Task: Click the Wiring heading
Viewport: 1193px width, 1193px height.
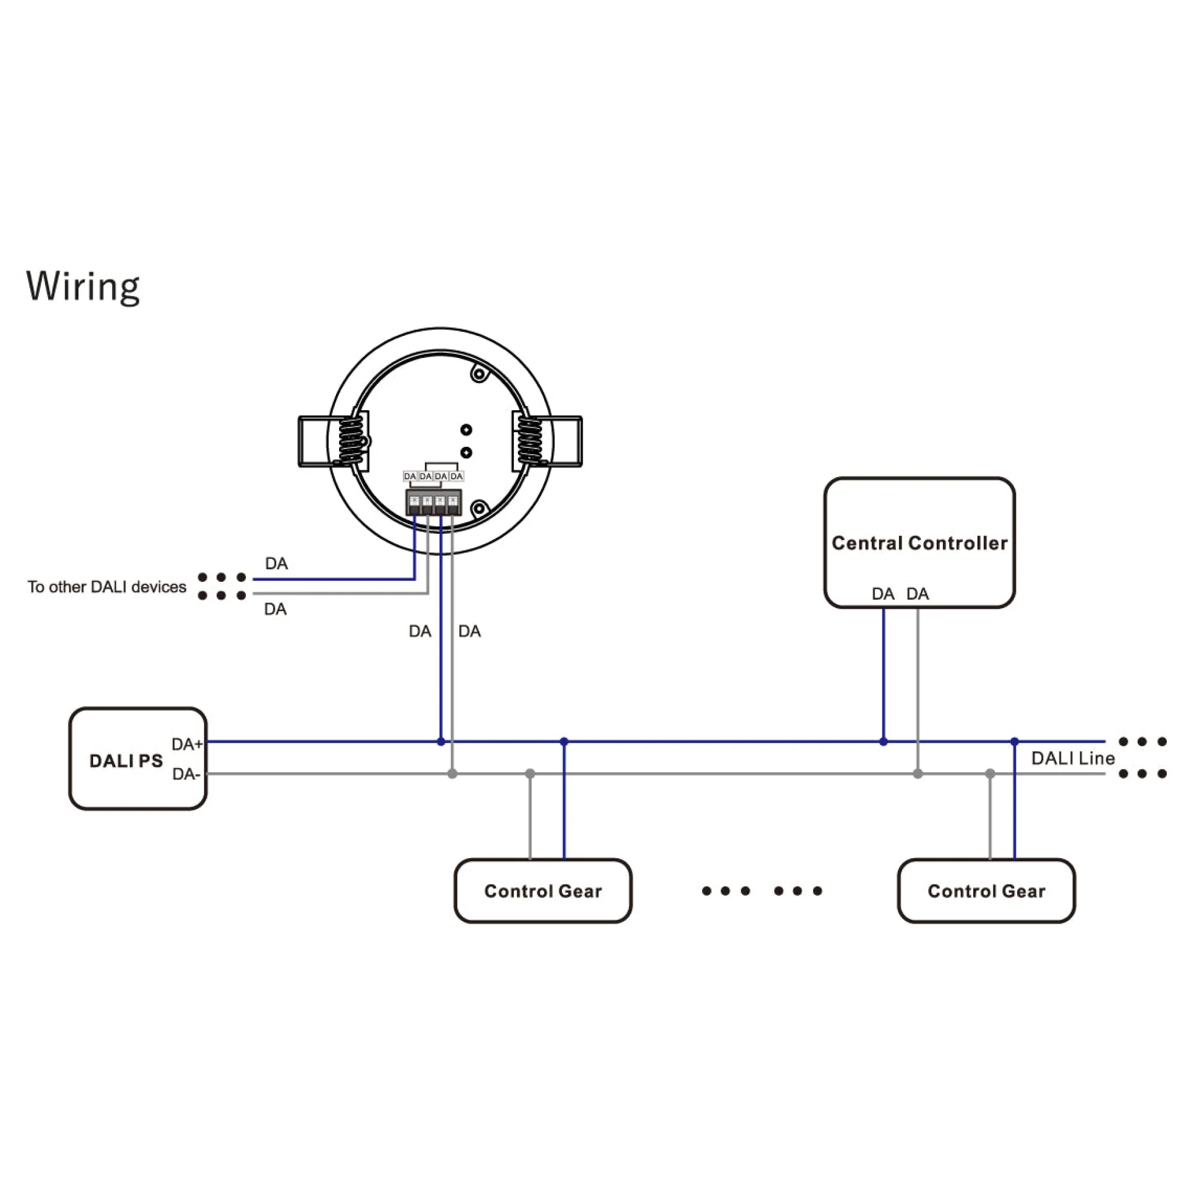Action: pyautogui.click(x=83, y=287)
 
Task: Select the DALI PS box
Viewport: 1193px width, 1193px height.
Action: pyautogui.click(x=138, y=758)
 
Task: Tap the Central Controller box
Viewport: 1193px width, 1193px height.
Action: pyautogui.click(x=920, y=543)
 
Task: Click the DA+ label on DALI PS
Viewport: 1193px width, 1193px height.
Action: pyautogui.click(x=187, y=744)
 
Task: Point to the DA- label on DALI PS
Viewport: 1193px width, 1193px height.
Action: pyautogui.click(x=186, y=774)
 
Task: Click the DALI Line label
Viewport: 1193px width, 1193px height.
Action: pyautogui.click(x=1073, y=758)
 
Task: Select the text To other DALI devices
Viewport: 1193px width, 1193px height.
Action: pyautogui.click(x=107, y=587)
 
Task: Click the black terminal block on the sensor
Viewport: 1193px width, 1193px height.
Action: pyautogui.click(x=433, y=503)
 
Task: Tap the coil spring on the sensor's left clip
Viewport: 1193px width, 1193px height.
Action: pyautogui.click(x=351, y=440)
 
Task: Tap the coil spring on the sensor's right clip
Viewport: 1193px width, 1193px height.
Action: pyautogui.click(x=530, y=440)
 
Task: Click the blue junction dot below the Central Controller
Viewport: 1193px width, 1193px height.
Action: pyautogui.click(x=884, y=741)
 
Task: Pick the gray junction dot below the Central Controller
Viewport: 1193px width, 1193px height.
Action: pyautogui.click(x=918, y=774)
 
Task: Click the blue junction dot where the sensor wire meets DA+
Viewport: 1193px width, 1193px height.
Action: pyautogui.click(x=441, y=741)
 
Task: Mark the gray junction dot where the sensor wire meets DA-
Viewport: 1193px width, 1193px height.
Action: pyautogui.click(x=453, y=774)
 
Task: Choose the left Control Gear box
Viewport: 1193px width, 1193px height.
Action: pyautogui.click(x=544, y=891)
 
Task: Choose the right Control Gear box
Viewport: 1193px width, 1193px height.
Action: pyautogui.click(x=987, y=891)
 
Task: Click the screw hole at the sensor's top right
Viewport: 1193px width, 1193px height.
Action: pyautogui.click(x=479, y=374)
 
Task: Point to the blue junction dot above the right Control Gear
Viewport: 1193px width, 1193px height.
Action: pyautogui.click(x=1015, y=741)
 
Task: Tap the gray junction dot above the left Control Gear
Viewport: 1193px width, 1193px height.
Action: pyautogui.click(x=530, y=774)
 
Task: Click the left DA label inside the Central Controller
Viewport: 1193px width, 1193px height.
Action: pyautogui.click(x=883, y=594)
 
